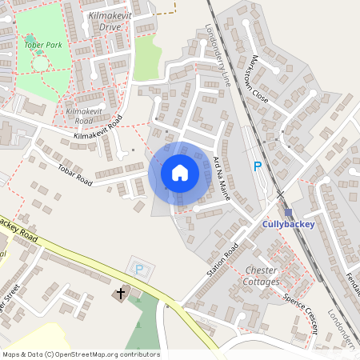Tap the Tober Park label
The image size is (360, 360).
pos(43,46)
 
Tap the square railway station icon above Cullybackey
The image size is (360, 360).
pos(288,213)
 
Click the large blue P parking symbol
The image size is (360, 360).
pos(257,166)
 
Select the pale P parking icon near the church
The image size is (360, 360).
pos(140,270)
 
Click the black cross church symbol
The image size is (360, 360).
pos(121,294)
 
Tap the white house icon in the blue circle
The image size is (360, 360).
pos(180,173)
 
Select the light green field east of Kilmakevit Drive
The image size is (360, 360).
pos(148,58)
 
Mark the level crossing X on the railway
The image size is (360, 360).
pos(280,194)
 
